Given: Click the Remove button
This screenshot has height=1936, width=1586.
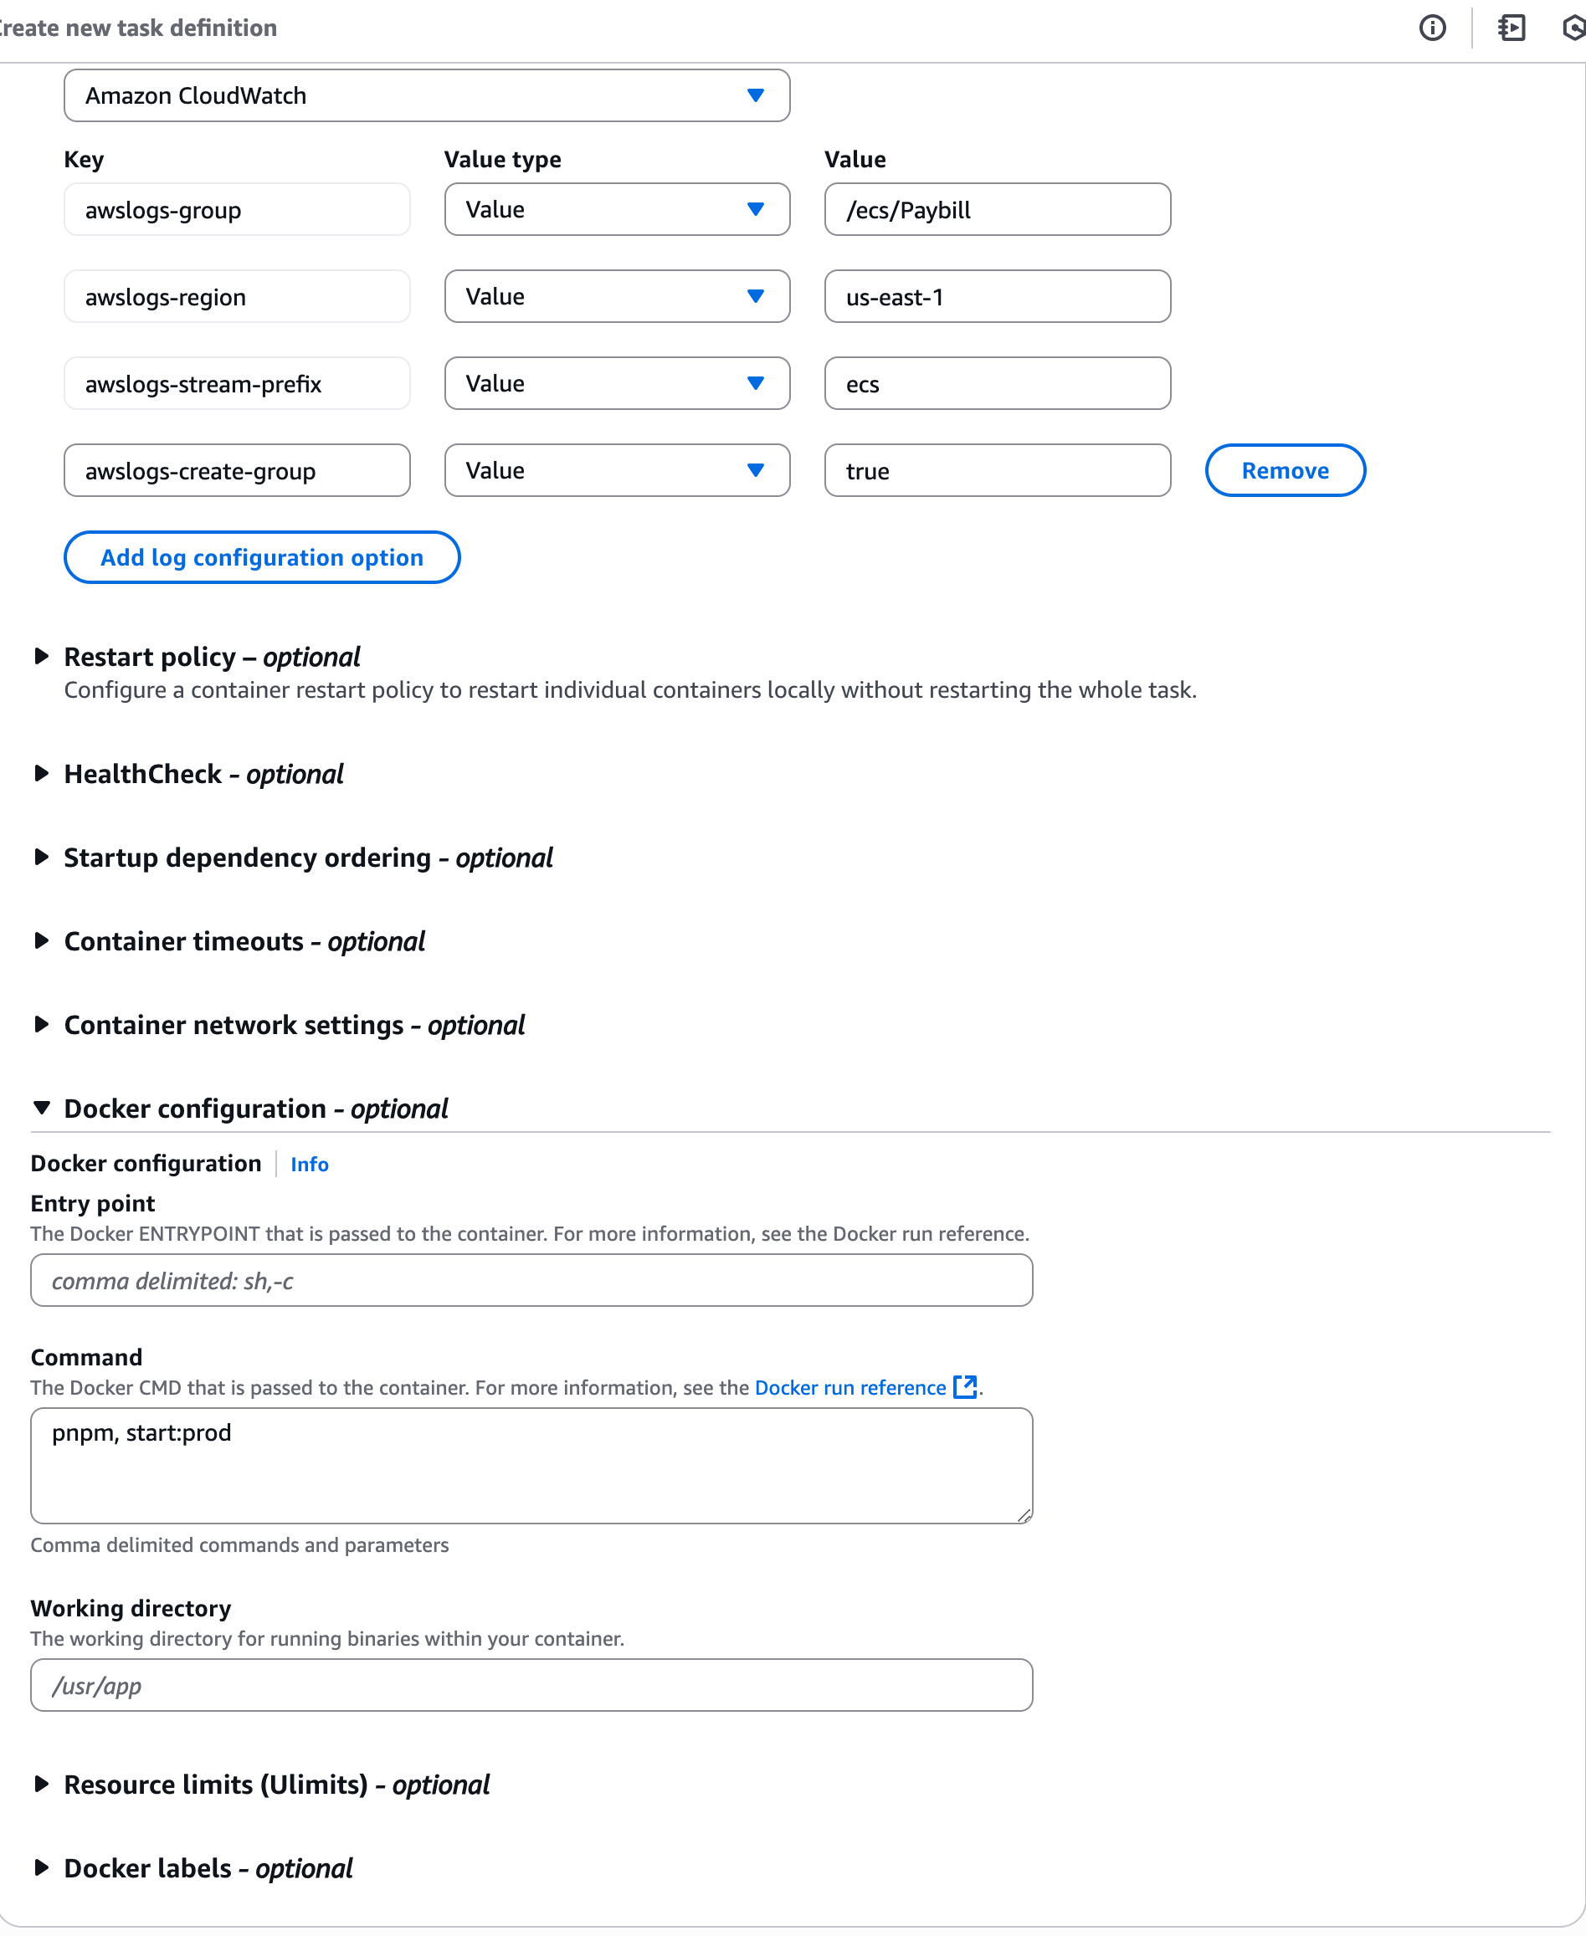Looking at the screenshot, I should click(x=1285, y=470).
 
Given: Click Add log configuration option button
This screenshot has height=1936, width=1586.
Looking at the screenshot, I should click(x=261, y=557).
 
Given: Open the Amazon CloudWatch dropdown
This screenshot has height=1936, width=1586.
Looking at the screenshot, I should click(x=427, y=95).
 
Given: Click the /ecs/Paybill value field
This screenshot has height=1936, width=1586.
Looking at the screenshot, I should click(x=997, y=209).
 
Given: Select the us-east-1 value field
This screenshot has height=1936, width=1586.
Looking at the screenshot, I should click(x=997, y=297).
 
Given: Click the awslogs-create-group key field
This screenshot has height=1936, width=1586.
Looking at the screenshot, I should click(x=237, y=470).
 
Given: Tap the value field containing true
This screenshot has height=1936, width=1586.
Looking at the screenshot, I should click(x=997, y=470).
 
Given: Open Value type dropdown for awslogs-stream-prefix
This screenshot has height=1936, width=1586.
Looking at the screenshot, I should click(x=617, y=383).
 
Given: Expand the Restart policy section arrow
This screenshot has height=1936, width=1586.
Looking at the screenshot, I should click(x=41, y=657).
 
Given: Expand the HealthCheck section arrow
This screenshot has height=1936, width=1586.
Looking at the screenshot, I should click(x=41, y=774).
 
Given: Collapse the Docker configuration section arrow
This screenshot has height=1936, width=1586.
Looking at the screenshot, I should click(x=41, y=1108).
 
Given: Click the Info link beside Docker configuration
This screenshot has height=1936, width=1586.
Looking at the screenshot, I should click(x=310, y=1165).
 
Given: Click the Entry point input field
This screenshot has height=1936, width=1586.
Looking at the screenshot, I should click(x=531, y=1280).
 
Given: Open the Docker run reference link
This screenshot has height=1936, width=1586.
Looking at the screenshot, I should click(x=849, y=1387).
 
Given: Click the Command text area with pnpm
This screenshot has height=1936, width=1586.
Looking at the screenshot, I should click(x=531, y=1465).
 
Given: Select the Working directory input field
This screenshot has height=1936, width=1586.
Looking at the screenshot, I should click(x=531, y=1685).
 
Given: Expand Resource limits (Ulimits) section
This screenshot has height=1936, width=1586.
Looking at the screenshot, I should click(x=276, y=1785).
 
